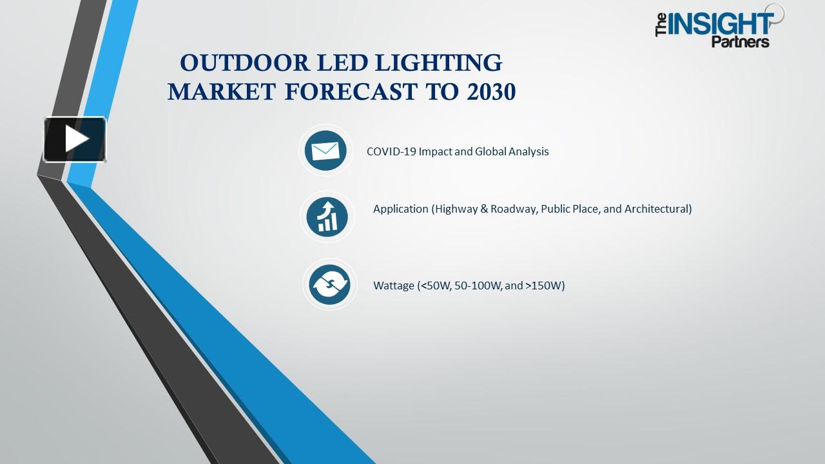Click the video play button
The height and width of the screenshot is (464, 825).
pos(75,139)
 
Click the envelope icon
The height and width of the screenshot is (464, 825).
pos(325,151)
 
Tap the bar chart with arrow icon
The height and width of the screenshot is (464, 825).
pos(327,216)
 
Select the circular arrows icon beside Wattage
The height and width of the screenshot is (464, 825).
pos(329,284)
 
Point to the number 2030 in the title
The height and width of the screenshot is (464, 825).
pos(489,92)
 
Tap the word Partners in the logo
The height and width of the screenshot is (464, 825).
pos(741,42)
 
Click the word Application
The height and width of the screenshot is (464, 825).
pos(401,209)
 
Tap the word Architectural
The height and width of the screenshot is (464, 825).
pos(658,209)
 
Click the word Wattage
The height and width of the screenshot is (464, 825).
pos(394,285)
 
